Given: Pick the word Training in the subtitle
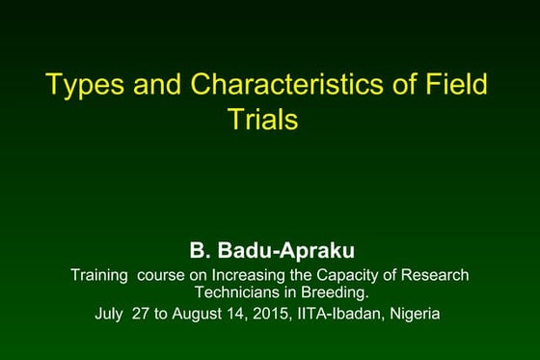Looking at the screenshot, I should coord(99,275).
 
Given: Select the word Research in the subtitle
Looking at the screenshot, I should coord(433,275).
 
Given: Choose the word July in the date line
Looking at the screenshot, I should coord(111,313).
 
